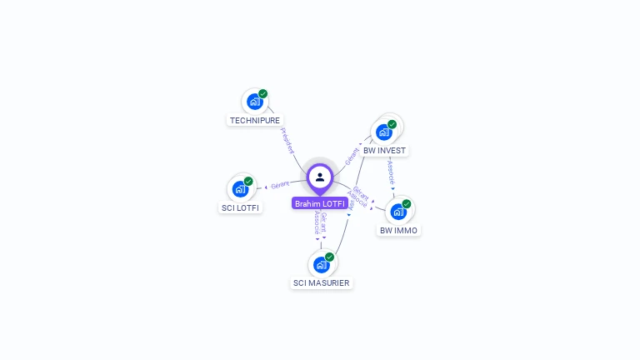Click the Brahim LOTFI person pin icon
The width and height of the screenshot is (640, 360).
[x=320, y=177]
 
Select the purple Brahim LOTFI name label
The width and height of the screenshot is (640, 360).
[x=320, y=203]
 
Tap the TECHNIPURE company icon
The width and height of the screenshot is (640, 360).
[x=254, y=102]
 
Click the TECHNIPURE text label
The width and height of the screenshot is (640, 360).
[x=255, y=120]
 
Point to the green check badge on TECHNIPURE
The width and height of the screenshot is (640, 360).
[x=263, y=94]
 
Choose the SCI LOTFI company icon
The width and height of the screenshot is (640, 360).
[x=240, y=188]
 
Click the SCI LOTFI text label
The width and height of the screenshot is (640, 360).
[x=240, y=207]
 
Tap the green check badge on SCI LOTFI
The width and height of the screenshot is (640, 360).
[x=248, y=181]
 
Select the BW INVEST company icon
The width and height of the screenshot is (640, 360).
[x=383, y=132]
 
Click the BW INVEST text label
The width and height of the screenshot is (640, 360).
[x=384, y=151]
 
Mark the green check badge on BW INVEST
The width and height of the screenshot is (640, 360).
[x=392, y=124]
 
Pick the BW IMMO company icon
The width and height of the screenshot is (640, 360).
[x=398, y=211]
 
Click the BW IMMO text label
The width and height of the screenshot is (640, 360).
[x=399, y=230]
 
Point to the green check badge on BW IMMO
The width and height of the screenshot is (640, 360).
[x=407, y=203]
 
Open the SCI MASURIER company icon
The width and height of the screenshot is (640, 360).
[x=321, y=265]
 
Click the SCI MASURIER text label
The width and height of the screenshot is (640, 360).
[x=322, y=283]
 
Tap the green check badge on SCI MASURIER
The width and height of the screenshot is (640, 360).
[x=329, y=257]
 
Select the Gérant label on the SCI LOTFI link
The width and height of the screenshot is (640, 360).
[x=280, y=184]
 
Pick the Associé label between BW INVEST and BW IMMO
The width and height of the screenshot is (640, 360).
[x=390, y=171]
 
